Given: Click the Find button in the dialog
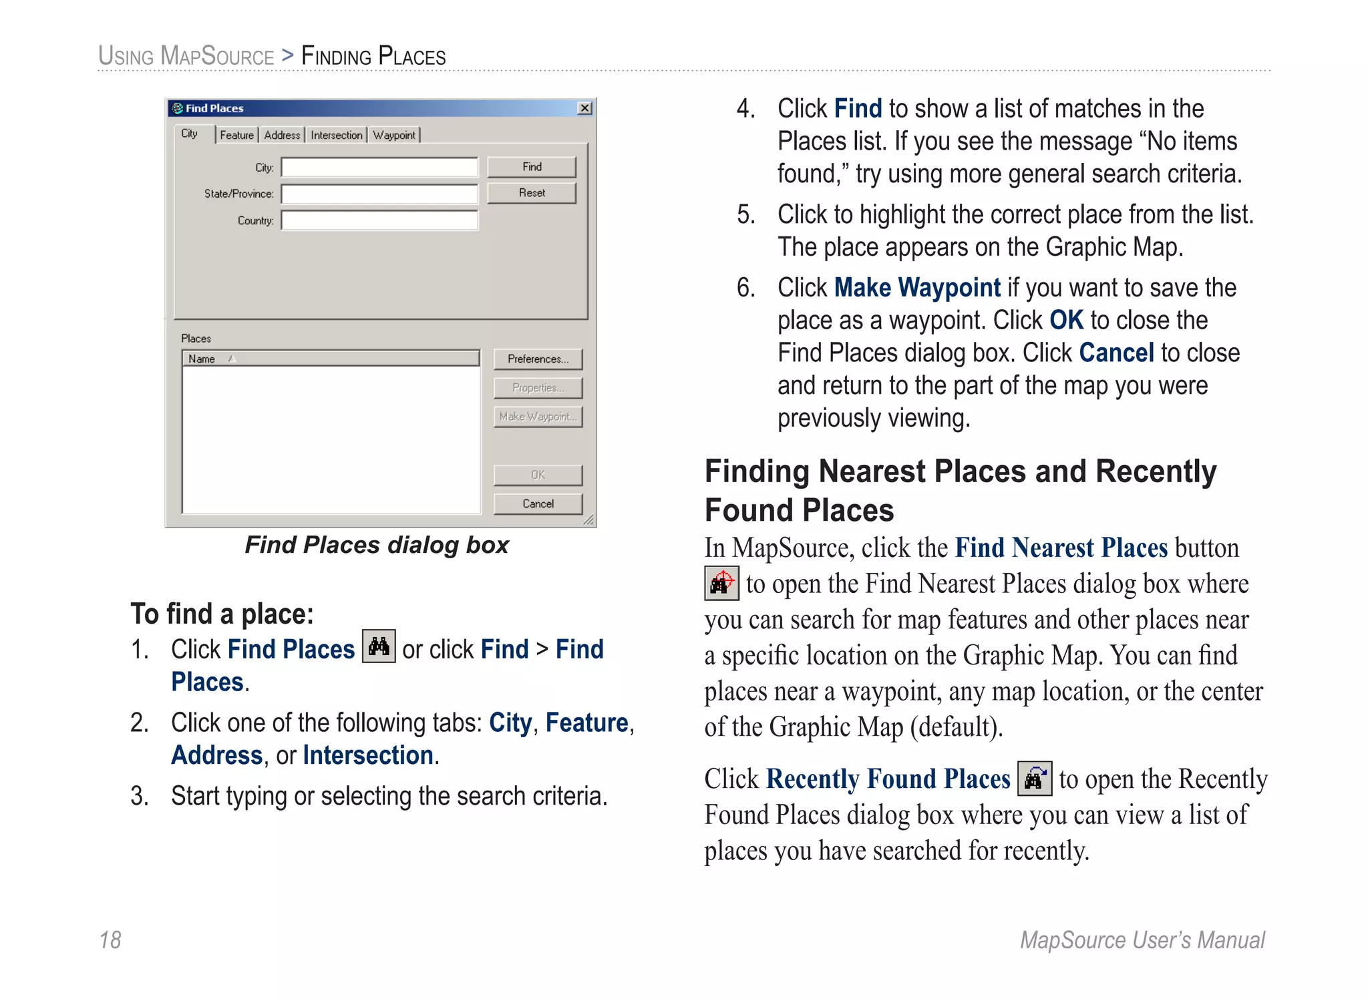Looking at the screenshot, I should (x=532, y=167).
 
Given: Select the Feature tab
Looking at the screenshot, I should (x=237, y=135).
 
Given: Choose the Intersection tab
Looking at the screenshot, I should (x=336, y=135).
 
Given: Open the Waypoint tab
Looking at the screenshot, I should (x=394, y=135).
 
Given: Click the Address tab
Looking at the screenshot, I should (x=282, y=135).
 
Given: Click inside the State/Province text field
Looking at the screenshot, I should (x=379, y=194).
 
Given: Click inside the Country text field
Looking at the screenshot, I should (x=379, y=220).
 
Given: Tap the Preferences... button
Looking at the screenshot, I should (x=538, y=359).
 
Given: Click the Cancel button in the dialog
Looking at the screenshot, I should (x=538, y=504).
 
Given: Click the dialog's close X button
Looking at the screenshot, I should (x=584, y=108).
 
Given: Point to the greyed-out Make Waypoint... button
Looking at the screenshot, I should (x=538, y=417).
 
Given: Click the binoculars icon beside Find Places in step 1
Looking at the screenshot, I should (x=379, y=646).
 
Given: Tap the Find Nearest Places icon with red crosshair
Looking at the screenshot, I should (x=721, y=583).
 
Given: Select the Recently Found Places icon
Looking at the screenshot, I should (x=1035, y=779).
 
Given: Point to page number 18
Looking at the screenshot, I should (x=110, y=940).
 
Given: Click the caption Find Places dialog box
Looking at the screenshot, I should (x=377, y=545).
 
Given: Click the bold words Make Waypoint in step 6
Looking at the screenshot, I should (x=917, y=288).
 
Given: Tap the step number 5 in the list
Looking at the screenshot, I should (x=745, y=215).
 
